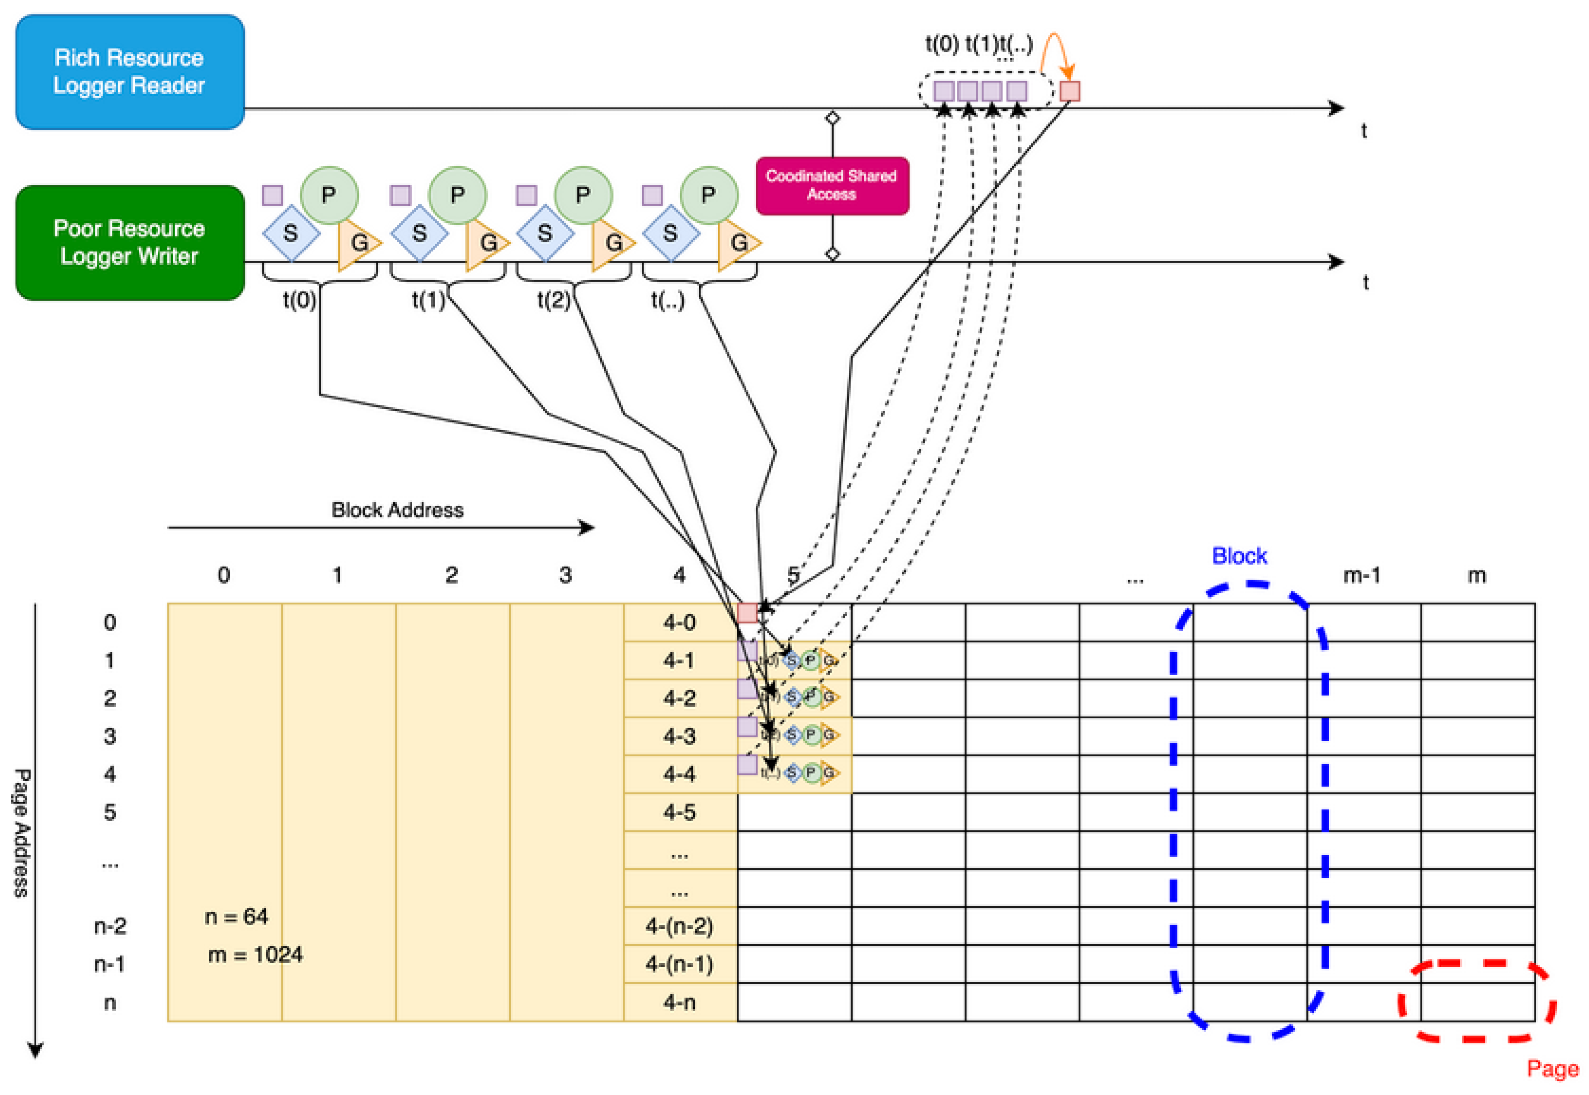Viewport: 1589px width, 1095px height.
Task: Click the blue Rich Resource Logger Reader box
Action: (x=129, y=71)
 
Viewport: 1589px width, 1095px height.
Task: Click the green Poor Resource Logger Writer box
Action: (x=129, y=242)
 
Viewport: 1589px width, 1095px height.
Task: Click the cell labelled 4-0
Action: (x=679, y=622)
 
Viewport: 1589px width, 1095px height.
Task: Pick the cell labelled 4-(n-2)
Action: (x=679, y=926)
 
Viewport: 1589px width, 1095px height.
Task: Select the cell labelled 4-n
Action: (x=679, y=1003)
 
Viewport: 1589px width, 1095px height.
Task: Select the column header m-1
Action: (x=1361, y=575)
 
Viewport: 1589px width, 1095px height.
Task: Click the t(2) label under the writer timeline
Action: (x=553, y=300)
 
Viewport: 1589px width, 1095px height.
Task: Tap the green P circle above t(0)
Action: (x=329, y=195)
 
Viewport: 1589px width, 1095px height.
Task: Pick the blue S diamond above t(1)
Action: (x=419, y=233)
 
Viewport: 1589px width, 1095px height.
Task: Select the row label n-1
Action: (x=109, y=964)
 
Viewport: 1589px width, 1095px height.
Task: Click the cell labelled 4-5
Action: (x=679, y=813)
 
